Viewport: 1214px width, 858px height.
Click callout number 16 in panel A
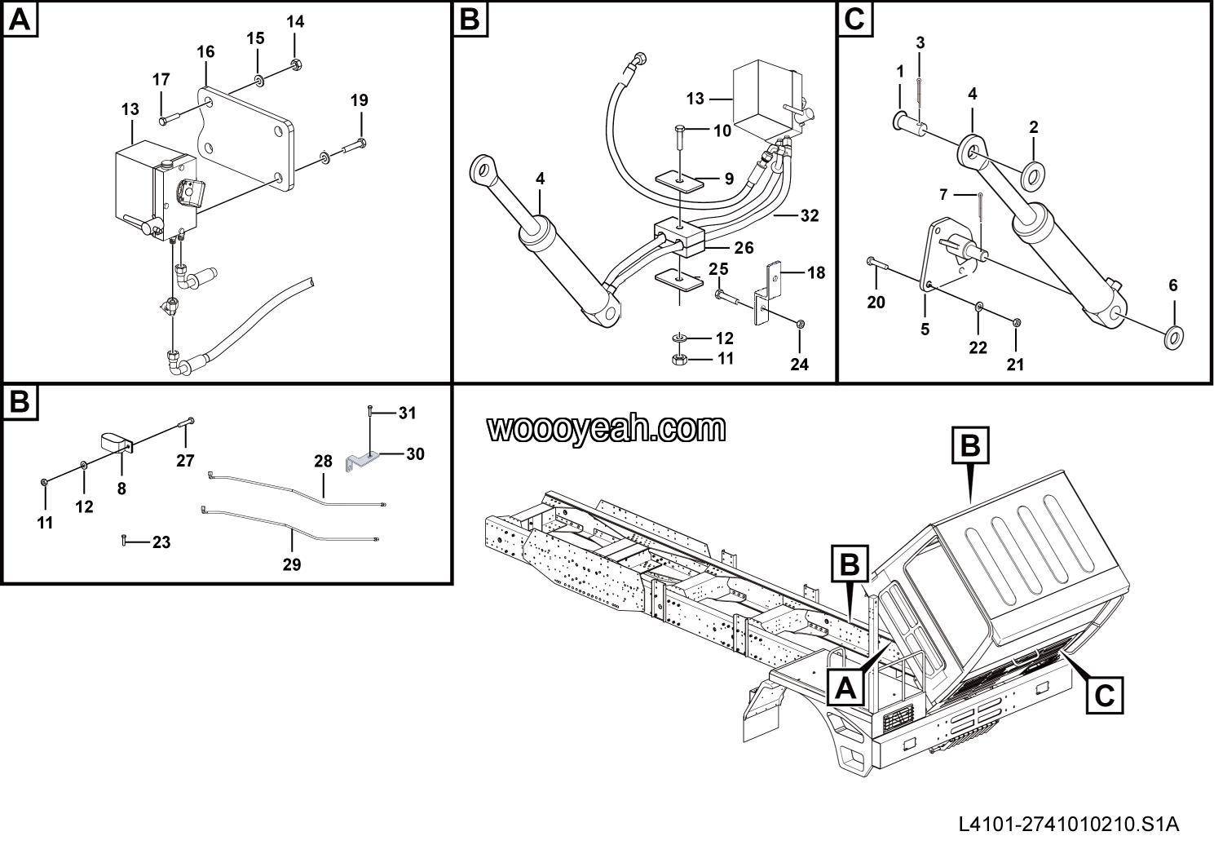pyautogui.click(x=205, y=52)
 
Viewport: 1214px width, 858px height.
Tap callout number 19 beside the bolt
pyautogui.click(x=360, y=100)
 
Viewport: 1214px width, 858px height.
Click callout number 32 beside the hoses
pyautogui.click(x=809, y=216)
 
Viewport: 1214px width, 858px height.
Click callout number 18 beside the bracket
pyautogui.click(x=816, y=272)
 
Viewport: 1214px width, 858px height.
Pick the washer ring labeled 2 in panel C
pyautogui.click(x=1033, y=172)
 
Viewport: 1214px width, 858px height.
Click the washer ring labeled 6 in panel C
pyautogui.click(x=1174, y=334)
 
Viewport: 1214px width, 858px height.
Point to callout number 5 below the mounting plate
pyautogui.click(x=925, y=329)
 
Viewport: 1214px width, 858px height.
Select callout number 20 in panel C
pyautogui.click(x=876, y=303)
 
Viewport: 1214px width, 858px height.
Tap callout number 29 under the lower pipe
pyautogui.click(x=292, y=564)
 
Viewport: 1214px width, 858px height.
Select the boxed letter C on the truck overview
pyautogui.click(x=1104, y=696)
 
